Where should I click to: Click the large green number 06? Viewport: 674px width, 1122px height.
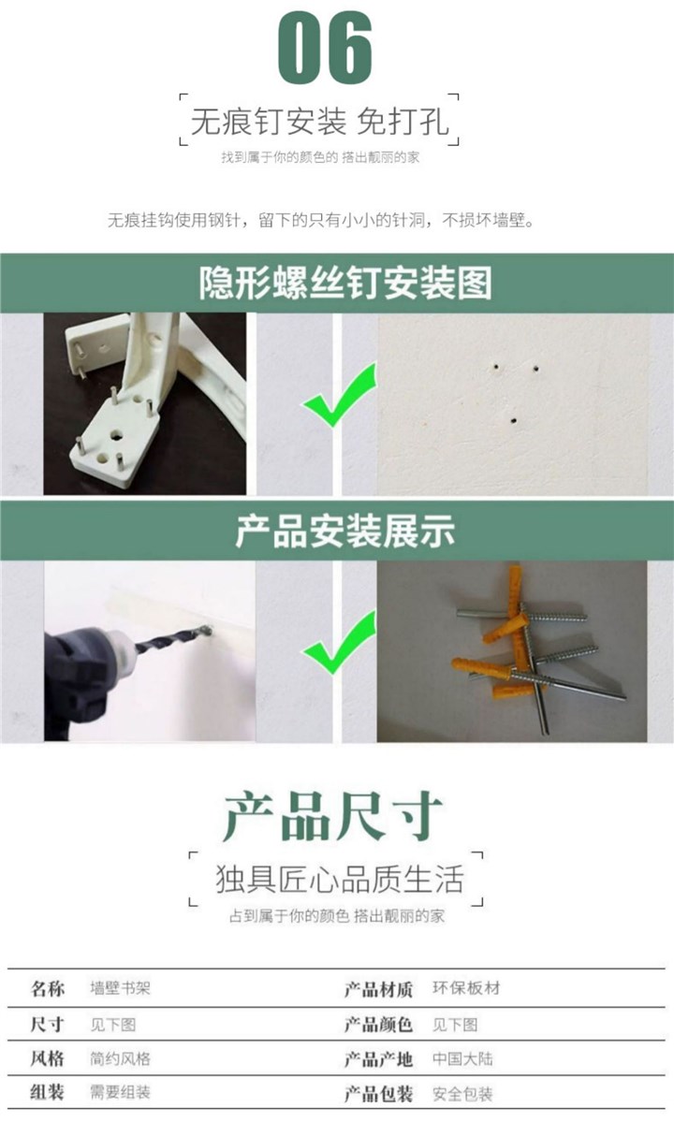pos(325,48)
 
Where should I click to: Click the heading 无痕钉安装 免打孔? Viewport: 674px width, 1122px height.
pos(319,121)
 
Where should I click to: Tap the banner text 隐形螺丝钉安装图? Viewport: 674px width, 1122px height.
pos(345,283)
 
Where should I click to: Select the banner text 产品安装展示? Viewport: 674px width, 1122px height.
pos(344,531)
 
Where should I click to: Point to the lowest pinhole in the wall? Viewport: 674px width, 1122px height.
pos(514,420)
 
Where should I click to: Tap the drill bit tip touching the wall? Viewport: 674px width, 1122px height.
pos(208,631)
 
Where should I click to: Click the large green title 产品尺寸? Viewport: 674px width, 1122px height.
pos(332,817)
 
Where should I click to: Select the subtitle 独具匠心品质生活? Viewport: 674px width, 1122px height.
pos(340,879)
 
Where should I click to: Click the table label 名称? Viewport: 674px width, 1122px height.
pos(47,989)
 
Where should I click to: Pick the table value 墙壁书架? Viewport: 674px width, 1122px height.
pos(120,989)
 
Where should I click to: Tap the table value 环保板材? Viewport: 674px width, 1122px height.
pos(466,988)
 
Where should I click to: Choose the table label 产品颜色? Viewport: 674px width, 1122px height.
pos(378,1025)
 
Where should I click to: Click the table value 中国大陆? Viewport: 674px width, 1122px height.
pos(462,1059)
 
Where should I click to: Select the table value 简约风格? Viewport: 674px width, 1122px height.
pos(120,1059)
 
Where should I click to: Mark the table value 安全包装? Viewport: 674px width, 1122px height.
pos(462,1094)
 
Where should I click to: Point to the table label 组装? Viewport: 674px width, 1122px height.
pos(47,1093)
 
